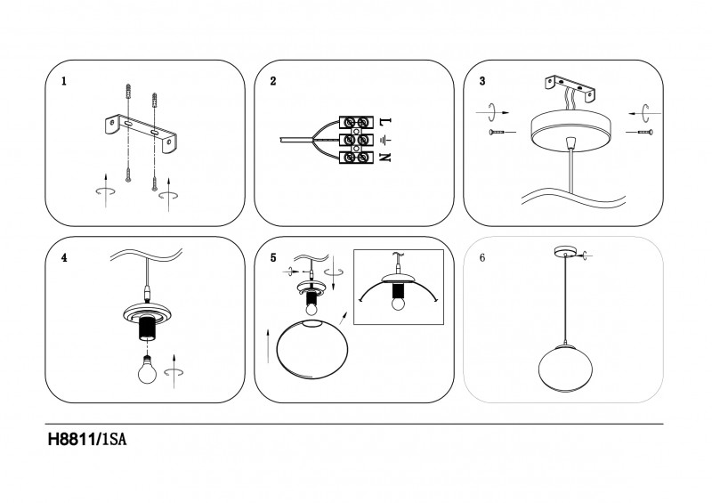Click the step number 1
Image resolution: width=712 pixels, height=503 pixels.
click(x=64, y=81)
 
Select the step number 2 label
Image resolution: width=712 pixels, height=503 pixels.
click(x=273, y=81)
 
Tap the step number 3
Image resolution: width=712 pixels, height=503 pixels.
click(x=481, y=81)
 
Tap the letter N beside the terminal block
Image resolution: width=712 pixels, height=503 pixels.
click(x=385, y=158)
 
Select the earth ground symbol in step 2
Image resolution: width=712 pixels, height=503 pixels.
click(x=385, y=139)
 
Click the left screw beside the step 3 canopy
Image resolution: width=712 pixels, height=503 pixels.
click(x=502, y=133)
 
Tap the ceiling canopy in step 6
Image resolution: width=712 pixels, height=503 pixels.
click(x=563, y=250)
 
